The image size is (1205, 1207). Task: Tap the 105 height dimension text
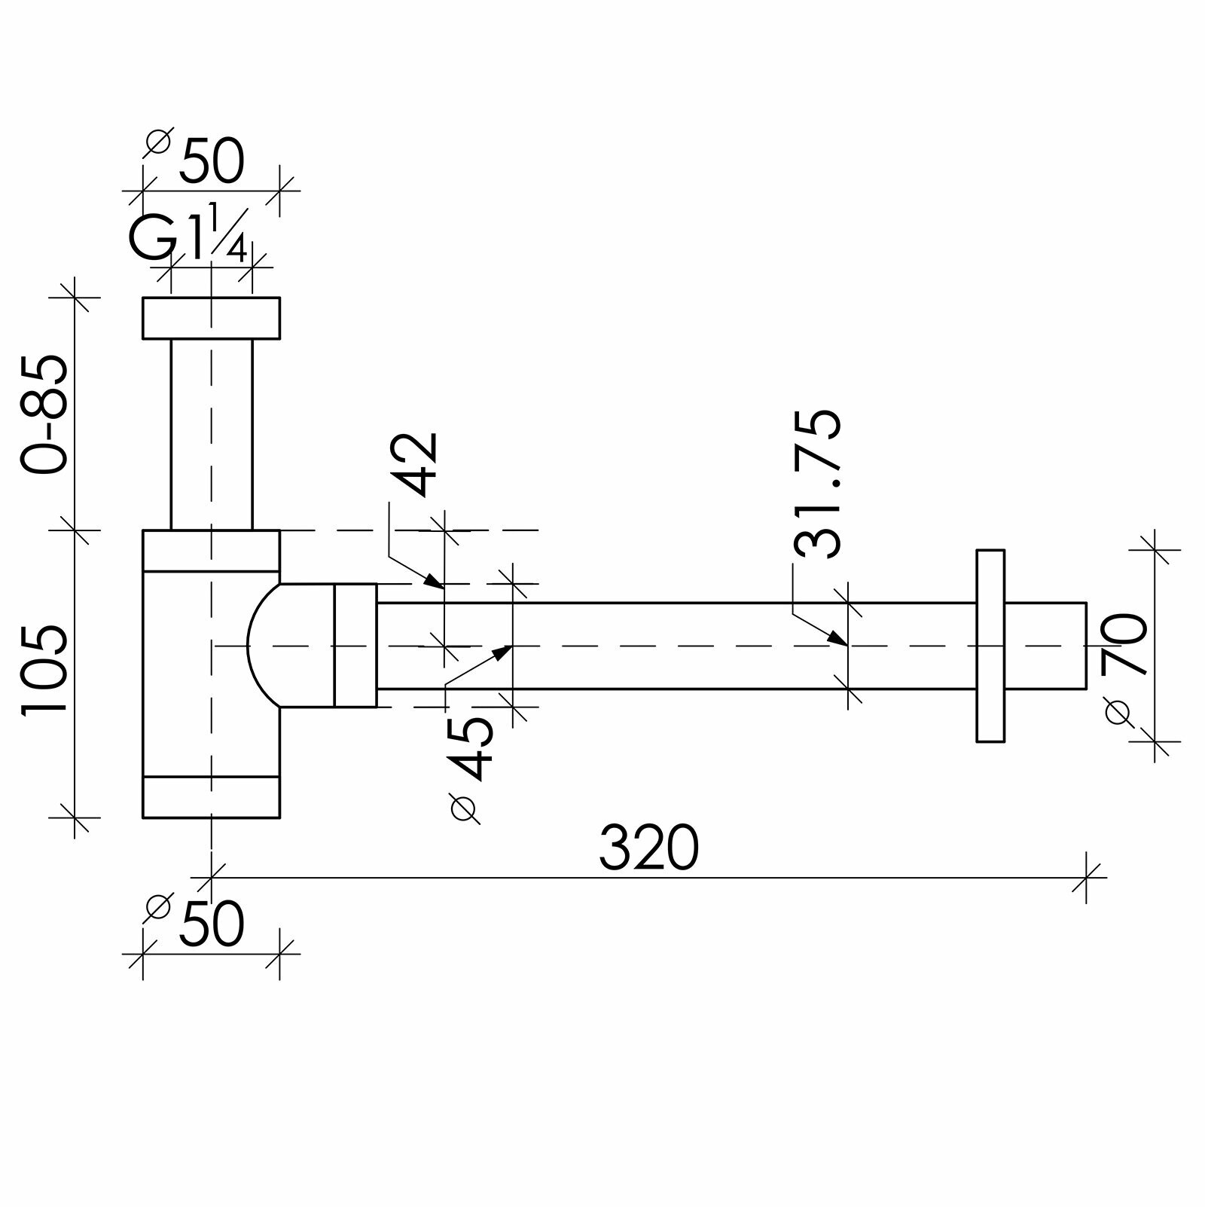click(x=45, y=668)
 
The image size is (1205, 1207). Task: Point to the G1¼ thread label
click(x=188, y=233)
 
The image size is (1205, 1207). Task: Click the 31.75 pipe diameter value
click(x=816, y=484)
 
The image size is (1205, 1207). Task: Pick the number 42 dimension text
click(x=415, y=463)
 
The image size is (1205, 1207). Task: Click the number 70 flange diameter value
click(x=1124, y=644)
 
